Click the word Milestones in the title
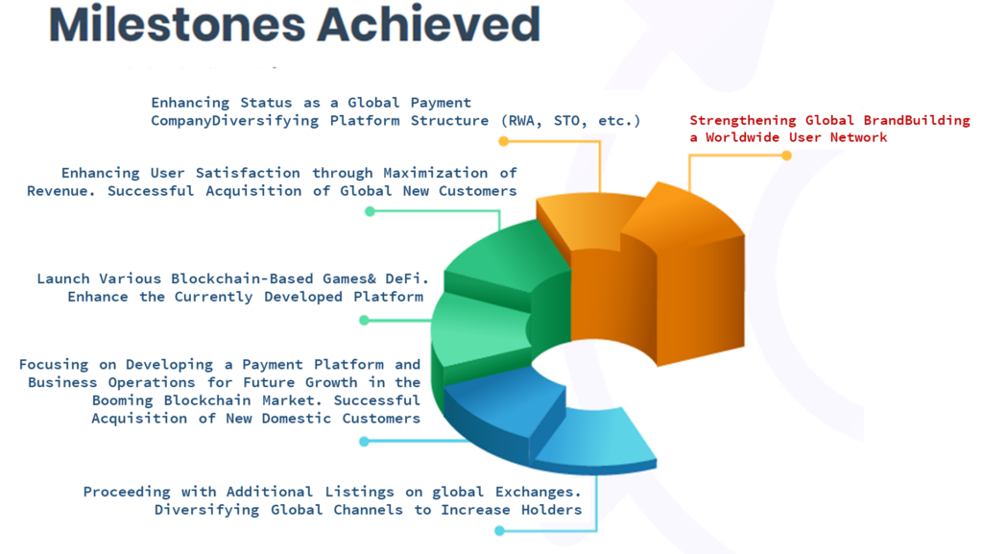tap(178, 24)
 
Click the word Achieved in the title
tap(429, 24)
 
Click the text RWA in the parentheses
tap(521, 121)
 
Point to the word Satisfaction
tap(248, 173)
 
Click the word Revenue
tap(60, 191)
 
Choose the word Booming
tap(122, 400)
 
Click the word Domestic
tap(297, 419)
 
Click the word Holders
tap(552, 510)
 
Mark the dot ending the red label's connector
tap(786, 156)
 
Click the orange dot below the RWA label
tap(503, 142)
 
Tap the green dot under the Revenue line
tap(370, 212)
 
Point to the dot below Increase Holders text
tap(499, 531)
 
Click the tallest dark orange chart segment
tap(689, 276)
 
